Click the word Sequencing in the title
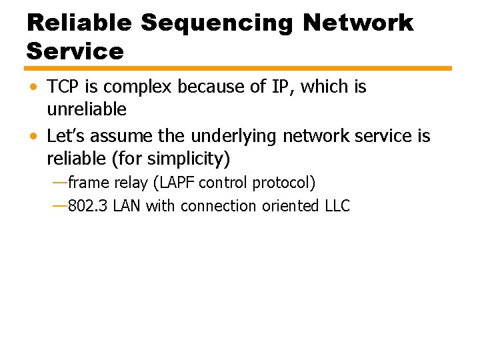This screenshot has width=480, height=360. click(217, 23)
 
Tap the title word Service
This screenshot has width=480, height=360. click(75, 51)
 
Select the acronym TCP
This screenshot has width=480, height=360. click(65, 87)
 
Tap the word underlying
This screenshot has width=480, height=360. click(234, 137)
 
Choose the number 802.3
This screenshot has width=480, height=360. click(88, 206)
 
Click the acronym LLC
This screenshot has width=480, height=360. click(337, 206)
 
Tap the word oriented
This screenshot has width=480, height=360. click(289, 206)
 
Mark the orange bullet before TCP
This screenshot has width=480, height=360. click(34, 87)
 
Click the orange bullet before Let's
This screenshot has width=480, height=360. click(34, 137)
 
